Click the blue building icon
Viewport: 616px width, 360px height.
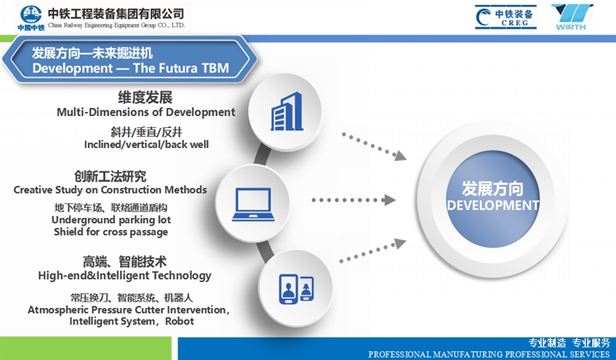coord(286,112)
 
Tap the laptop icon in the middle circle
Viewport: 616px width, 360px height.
coord(253,204)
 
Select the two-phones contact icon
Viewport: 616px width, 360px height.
coord(296,289)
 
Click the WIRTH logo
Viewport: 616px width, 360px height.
coord(572,17)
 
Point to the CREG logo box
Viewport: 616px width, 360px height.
coord(506,17)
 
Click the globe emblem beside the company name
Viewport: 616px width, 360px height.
coord(31,14)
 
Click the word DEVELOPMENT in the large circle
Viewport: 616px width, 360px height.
coord(493,206)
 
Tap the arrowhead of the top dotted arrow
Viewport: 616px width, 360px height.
coord(400,156)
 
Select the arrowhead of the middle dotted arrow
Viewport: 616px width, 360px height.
coord(390,200)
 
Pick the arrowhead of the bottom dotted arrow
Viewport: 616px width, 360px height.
coord(400,244)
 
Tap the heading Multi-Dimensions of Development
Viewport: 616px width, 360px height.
coord(146,112)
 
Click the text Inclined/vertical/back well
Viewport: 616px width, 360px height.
coord(146,145)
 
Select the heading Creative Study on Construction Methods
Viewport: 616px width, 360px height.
coord(110,190)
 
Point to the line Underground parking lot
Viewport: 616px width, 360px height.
coord(111,220)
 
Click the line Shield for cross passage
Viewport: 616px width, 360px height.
coord(110,232)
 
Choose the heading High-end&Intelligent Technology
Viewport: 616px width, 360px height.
coord(125,275)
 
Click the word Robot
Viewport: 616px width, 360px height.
coord(179,321)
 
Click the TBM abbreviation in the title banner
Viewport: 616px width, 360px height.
coord(215,68)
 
